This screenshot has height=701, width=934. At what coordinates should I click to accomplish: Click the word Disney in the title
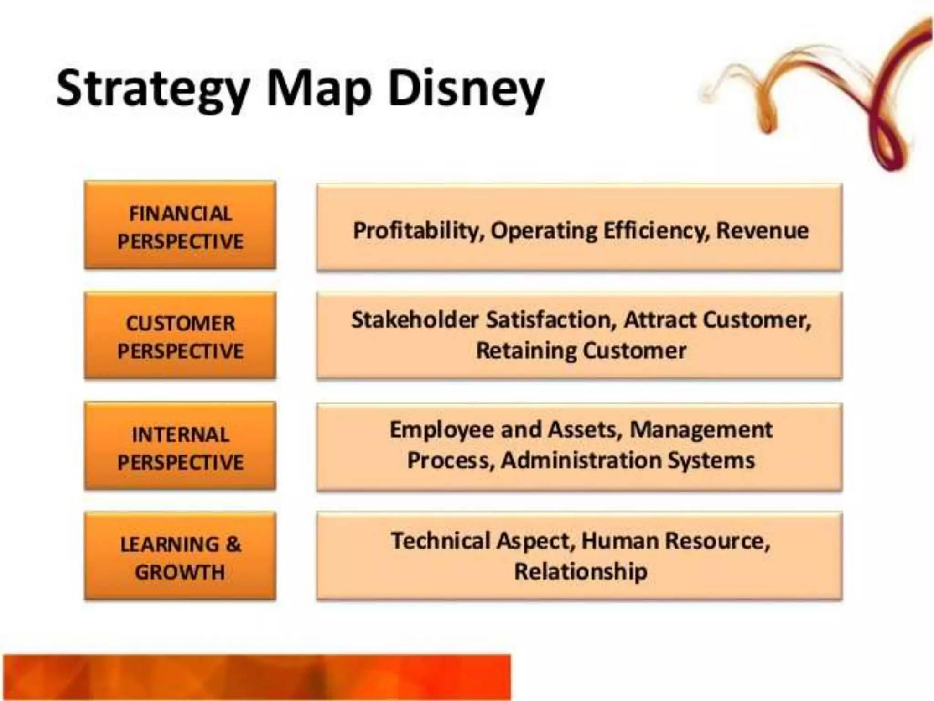point(466,89)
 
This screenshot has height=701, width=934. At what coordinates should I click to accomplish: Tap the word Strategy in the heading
point(153,89)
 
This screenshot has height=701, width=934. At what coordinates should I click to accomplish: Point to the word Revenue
point(762,230)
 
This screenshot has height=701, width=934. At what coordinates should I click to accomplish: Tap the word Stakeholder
point(415,319)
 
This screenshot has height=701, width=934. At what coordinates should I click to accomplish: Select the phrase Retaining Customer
point(581,351)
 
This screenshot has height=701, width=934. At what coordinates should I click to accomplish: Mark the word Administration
point(581,460)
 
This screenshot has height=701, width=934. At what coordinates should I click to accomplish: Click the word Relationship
point(581,571)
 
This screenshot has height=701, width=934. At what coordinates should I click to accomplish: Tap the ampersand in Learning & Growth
point(233,544)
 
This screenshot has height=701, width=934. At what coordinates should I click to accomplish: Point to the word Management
point(701,430)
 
